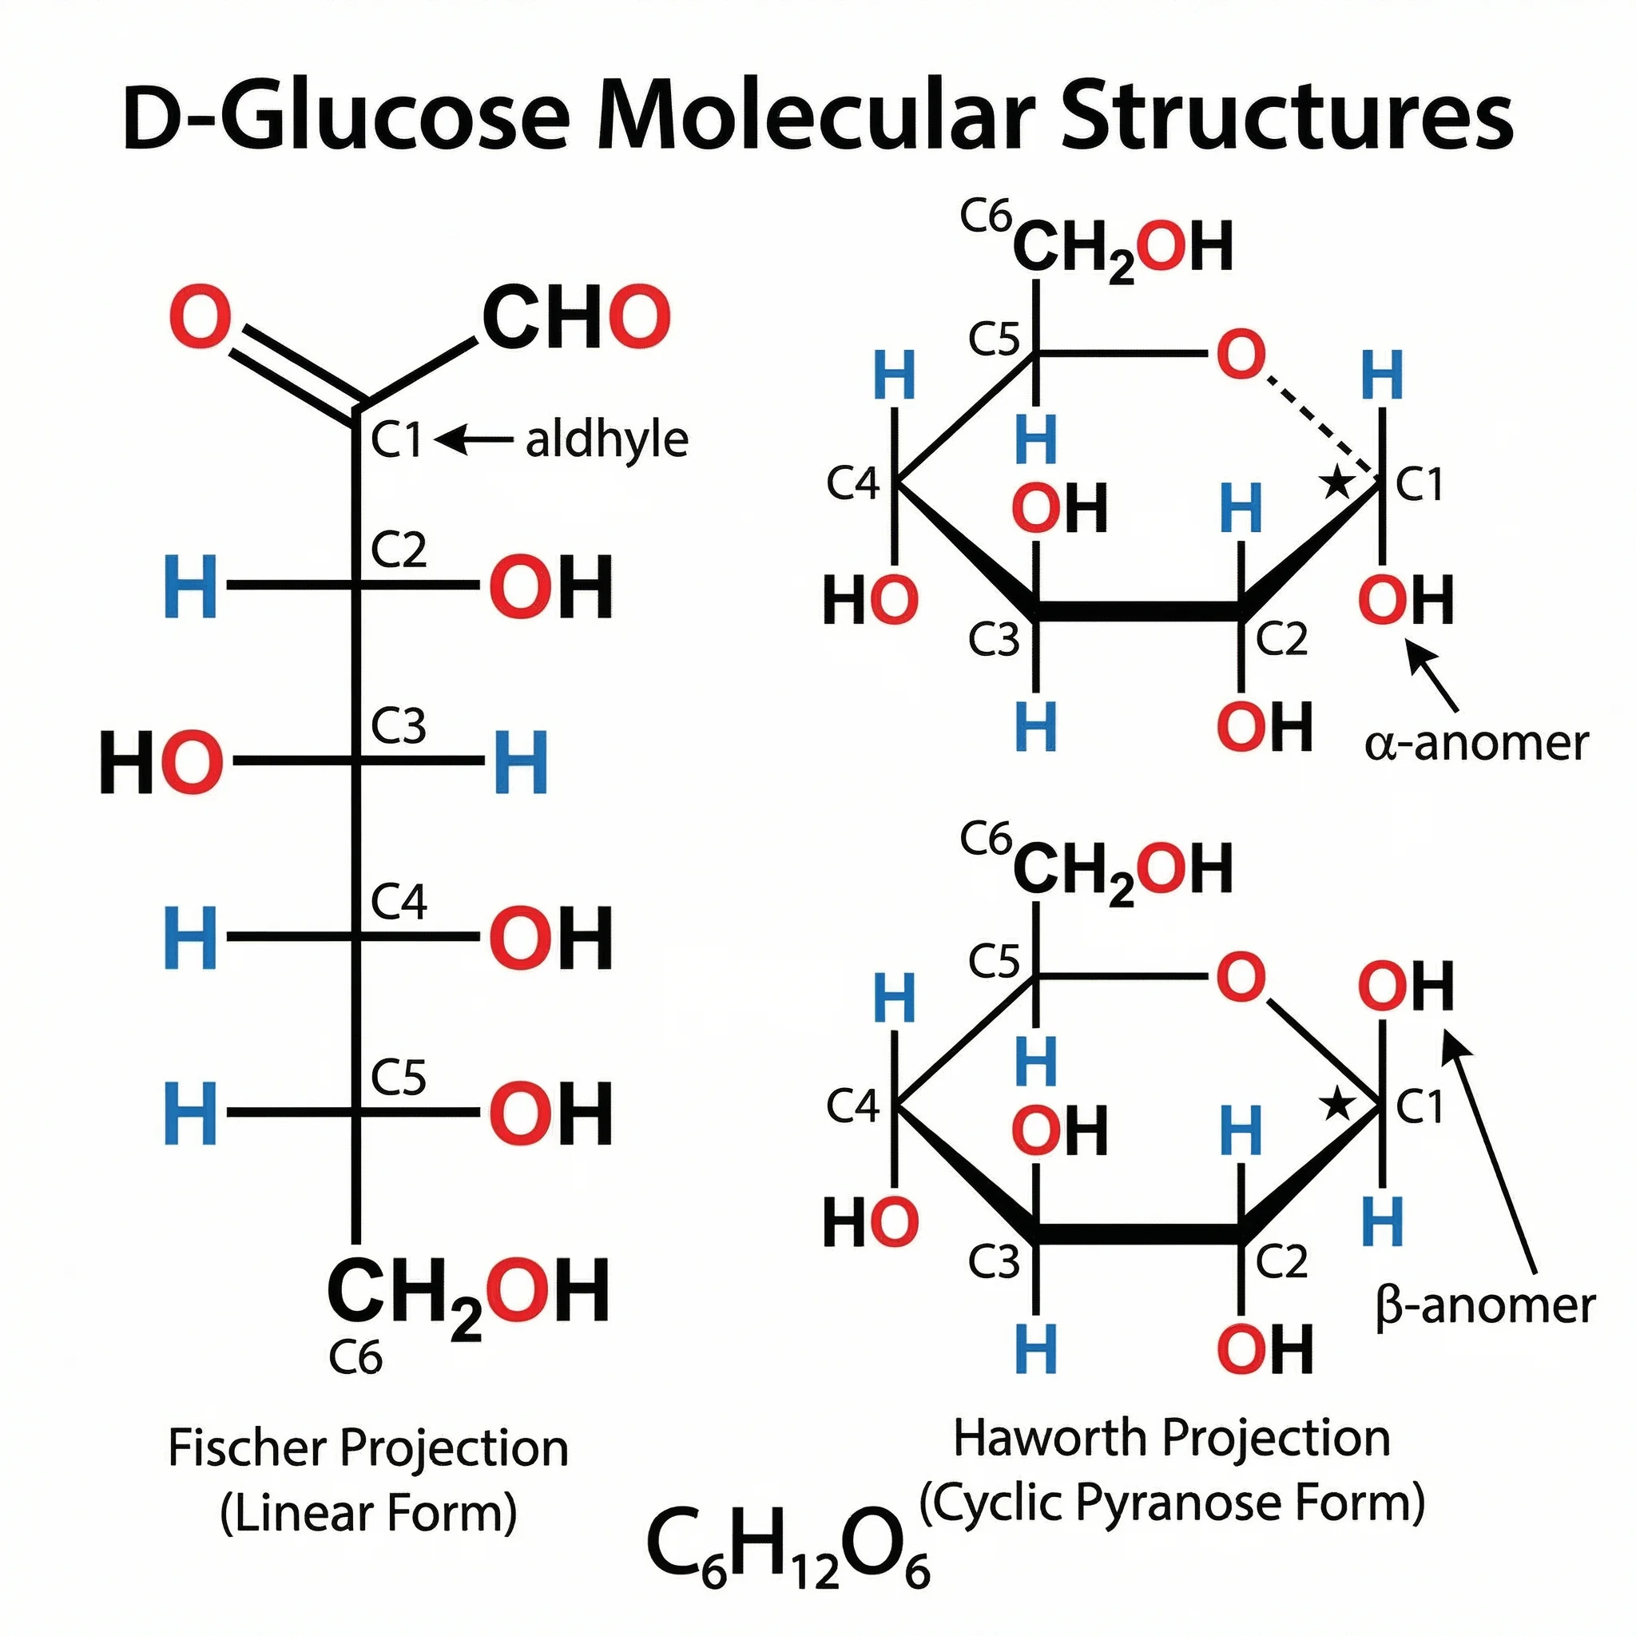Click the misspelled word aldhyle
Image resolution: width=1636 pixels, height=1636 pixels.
click(606, 440)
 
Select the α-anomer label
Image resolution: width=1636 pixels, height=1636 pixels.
click(1476, 744)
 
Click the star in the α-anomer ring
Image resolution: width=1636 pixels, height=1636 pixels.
click(1337, 483)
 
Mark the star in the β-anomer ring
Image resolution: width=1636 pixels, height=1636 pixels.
click(1337, 1104)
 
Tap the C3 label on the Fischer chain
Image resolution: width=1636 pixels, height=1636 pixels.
click(398, 727)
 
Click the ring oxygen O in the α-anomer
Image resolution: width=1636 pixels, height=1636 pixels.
click(1241, 355)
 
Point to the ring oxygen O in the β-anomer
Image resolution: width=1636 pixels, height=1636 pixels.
click(1241, 976)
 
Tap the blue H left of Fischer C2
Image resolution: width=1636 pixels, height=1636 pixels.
click(191, 586)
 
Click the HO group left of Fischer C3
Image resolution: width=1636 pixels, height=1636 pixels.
click(161, 762)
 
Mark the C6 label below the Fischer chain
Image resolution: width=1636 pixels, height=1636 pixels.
click(355, 1358)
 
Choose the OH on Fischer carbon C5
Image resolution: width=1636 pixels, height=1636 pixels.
click(550, 1113)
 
